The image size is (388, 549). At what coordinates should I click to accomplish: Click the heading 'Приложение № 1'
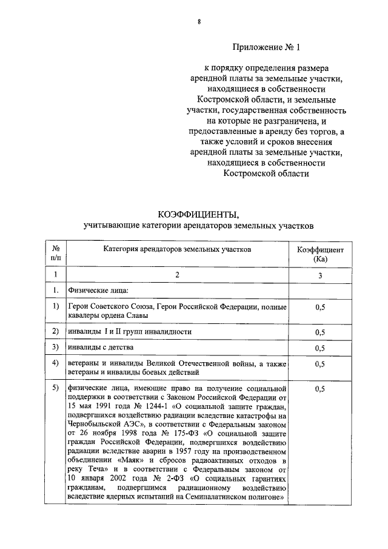[266, 47]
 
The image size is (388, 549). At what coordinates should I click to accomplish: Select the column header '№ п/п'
[55, 254]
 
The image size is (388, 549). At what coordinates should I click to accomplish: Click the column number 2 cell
[177, 275]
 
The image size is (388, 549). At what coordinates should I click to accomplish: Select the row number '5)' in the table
[55, 388]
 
